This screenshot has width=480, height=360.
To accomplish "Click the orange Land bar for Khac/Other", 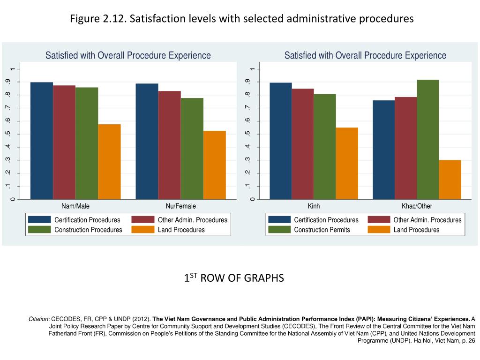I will (450, 180).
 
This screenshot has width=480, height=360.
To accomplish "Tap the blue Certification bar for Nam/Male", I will (42, 141).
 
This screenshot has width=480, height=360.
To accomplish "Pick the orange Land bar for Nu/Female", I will (215, 165).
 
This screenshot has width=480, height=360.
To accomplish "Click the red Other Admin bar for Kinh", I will (303, 144).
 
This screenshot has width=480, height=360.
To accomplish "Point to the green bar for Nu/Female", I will (192, 149).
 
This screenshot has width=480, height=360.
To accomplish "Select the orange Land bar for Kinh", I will (347, 163).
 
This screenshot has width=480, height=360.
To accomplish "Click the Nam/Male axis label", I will (75, 206).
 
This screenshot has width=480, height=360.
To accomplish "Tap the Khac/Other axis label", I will (417, 206).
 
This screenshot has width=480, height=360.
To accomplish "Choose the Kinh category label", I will (314, 206).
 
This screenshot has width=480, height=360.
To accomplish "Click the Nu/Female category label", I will (181, 206).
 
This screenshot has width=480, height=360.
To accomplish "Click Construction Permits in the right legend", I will (322, 230).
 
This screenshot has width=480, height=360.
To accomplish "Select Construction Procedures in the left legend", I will (88, 230).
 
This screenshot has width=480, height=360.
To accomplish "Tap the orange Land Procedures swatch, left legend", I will (143, 230).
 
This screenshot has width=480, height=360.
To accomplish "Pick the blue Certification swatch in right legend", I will (279, 220).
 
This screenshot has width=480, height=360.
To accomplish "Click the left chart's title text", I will (128, 55).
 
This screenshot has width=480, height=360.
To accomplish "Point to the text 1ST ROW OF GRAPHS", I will (234, 278).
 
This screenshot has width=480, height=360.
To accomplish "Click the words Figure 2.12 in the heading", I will (97, 19).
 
